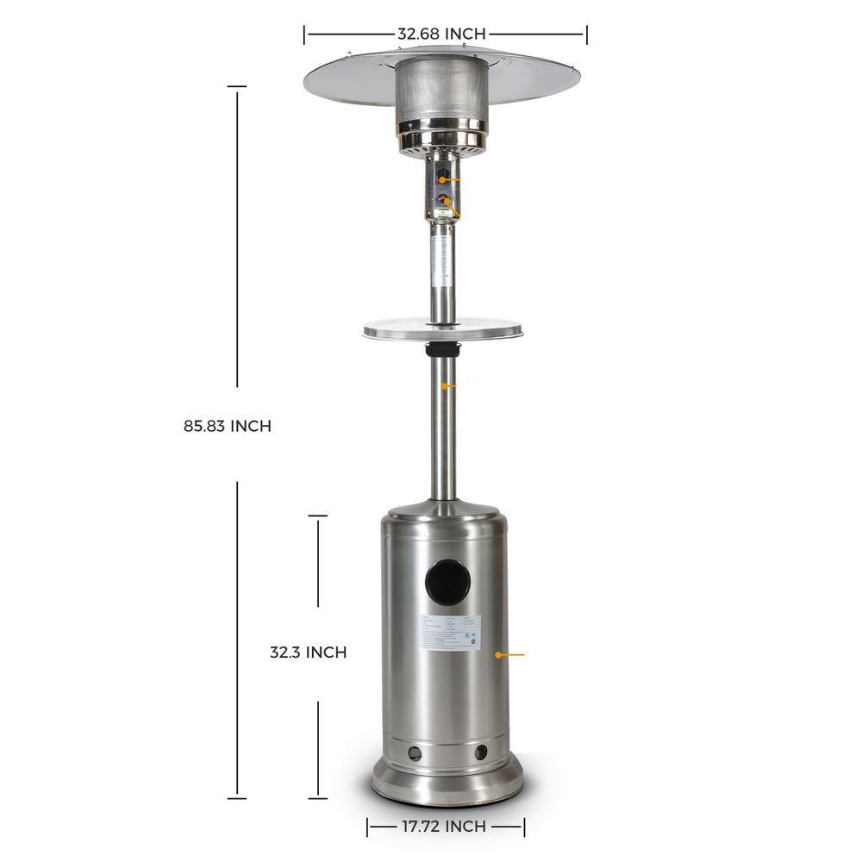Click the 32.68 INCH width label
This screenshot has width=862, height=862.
point(441,34)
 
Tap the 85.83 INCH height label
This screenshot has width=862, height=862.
point(227,426)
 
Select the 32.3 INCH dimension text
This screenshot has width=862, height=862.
point(308,653)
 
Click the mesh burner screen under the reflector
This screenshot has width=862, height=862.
point(442,89)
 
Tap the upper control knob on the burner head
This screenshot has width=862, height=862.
point(442,179)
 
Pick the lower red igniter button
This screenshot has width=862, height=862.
point(442,203)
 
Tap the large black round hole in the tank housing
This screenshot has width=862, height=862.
point(448,578)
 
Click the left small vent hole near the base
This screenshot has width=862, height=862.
point(415,753)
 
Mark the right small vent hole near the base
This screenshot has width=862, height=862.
point(480,753)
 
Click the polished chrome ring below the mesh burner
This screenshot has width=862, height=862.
point(442,136)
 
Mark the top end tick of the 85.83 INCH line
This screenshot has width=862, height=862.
point(237,87)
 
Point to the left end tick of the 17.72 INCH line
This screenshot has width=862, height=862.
point(368,827)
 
